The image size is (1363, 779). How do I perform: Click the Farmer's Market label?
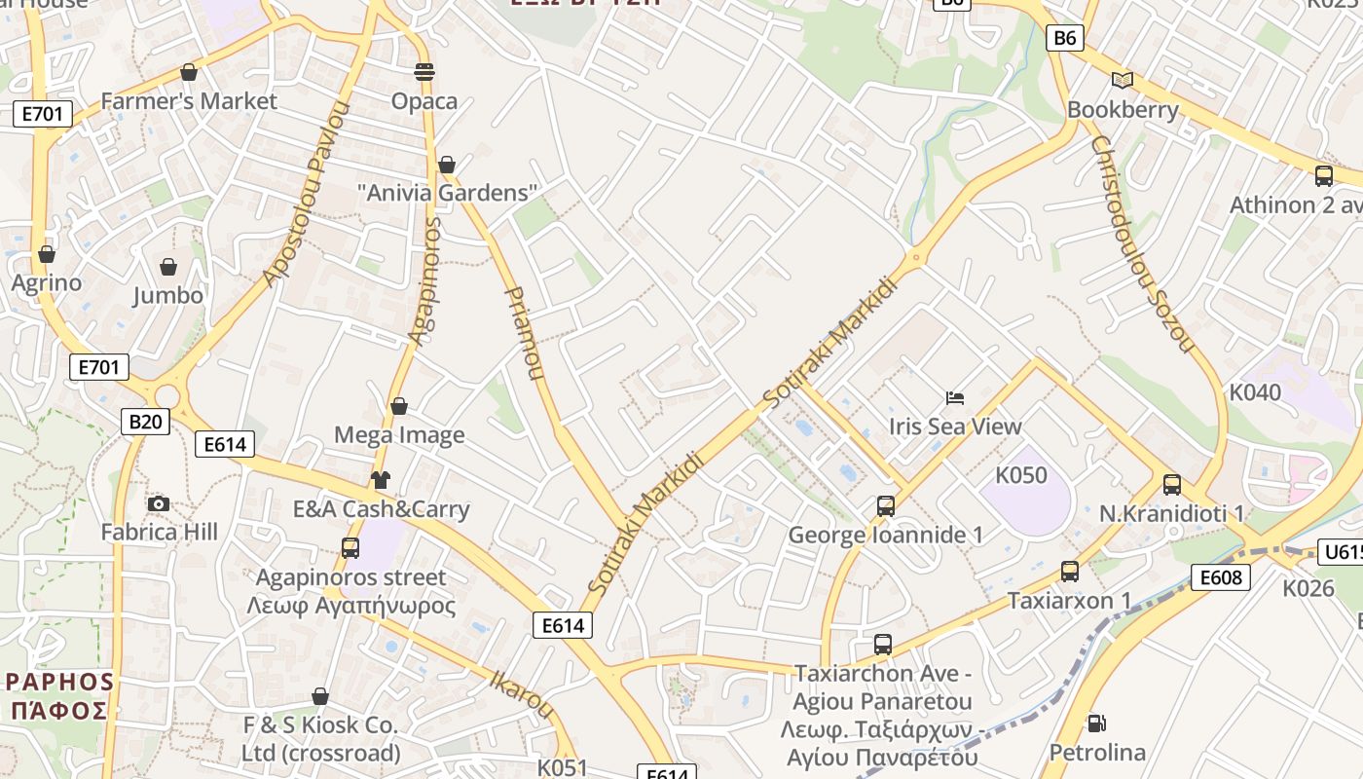(x=189, y=101)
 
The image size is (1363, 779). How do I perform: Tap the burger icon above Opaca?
(x=424, y=71)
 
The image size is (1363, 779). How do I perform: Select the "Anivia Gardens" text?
(x=447, y=193)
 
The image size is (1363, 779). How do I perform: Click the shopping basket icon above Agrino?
(x=47, y=254)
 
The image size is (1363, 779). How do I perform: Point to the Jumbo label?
(x=168, y=295)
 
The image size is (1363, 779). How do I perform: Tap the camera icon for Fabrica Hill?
(x=159, y=503)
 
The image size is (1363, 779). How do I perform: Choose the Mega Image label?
(x=399, y=434)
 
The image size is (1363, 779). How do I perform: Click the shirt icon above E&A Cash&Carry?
(x=380, y=480)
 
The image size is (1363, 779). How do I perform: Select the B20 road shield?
(x=145, y=422)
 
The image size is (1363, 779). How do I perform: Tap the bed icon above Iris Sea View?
(x=955, y=398)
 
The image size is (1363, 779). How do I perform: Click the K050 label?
(x=1020, y=475)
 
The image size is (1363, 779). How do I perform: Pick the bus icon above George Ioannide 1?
(x=885, y=506)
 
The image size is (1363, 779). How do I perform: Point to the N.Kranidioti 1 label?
(x=1171, y=512)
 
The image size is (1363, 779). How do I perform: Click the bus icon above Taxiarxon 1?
(x=1070, y=572)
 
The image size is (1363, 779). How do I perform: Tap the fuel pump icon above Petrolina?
(x=1096, y=723)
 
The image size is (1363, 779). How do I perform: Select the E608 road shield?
(x=1221, y=577)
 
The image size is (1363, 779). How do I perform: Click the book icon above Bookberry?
(x=1123, y=80)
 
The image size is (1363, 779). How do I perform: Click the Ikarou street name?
(x=521, y=692)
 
